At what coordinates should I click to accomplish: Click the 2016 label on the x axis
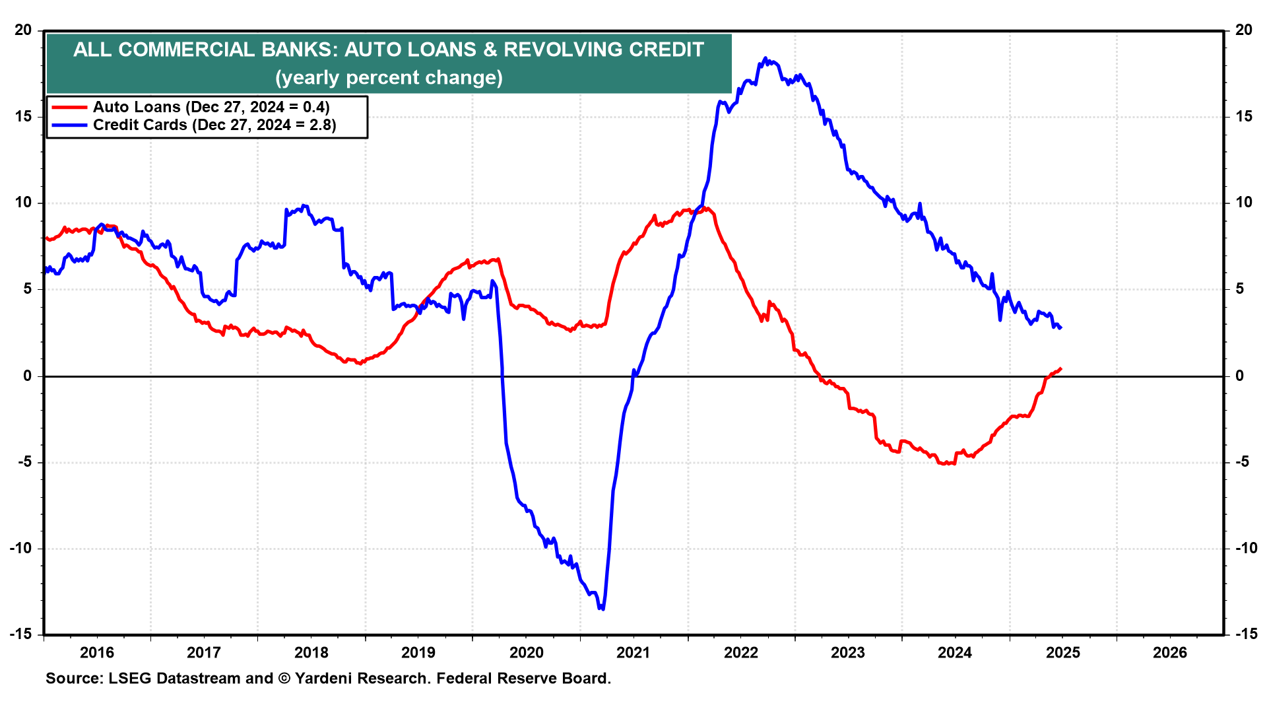point(97,653)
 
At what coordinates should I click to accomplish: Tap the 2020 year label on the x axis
point(526,653)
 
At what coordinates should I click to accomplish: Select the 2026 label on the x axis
point(1170,653)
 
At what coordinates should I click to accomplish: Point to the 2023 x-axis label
point(848,653)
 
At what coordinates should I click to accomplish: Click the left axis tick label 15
point(23,117)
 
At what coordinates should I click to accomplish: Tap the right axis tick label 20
point(1244,30)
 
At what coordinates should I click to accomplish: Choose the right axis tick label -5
point(1241,462)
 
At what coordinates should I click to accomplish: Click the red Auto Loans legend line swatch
point(69,108)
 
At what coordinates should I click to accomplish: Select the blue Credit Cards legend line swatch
point(69,125)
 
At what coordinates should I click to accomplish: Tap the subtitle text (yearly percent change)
point(389,78)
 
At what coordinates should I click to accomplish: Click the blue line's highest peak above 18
point(765,58)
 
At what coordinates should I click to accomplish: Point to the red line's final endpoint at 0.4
point(1060,368)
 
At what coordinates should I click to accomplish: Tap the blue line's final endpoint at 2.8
point(1060,327)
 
